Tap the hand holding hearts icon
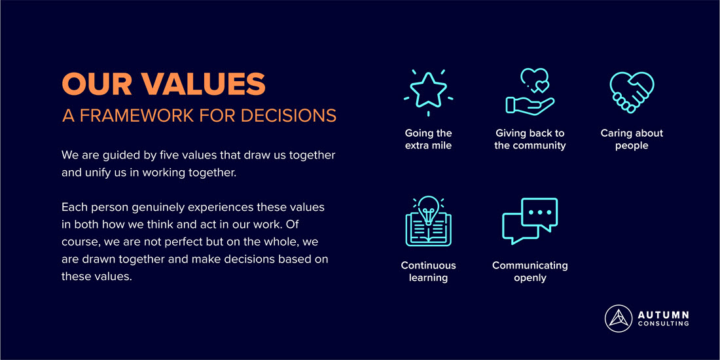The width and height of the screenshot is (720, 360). [530, 92]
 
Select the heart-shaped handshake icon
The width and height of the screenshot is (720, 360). [632, 92]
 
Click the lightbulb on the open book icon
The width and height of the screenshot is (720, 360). [428, 209]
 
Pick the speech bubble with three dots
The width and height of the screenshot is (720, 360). [539, 213]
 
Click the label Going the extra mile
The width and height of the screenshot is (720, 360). [428, 139]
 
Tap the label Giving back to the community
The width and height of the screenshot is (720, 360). [530, 139]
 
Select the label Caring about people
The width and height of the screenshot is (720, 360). [632, 139]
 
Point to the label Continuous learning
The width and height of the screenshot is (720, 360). [428, 272]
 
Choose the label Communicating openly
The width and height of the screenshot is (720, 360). [530, 272]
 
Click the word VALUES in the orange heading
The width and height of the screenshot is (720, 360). [203, 84]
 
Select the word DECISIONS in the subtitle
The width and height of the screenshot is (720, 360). [289, 116]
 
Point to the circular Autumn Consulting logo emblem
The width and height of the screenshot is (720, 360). [619, 319]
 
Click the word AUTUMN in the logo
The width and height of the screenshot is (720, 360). [664, 315]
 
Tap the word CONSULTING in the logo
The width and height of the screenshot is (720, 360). [664, 324]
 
